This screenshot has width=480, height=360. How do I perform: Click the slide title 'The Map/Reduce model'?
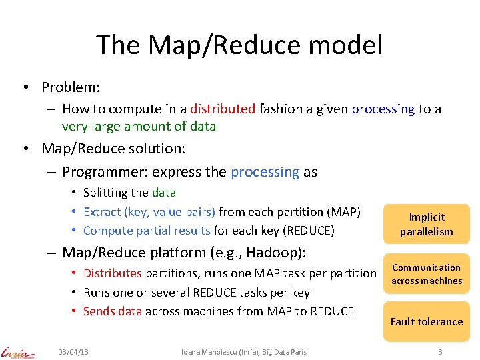pyautogui.click(x=239, y=45)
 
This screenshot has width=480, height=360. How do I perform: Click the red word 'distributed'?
pyautogui.click(x=223, y=109)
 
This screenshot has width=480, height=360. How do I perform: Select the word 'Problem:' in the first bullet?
pyautogui.click(x=70, y=87)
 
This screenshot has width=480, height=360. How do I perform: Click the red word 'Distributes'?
pyautogui.click(x=112, y=273)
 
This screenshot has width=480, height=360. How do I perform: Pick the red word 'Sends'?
pyautogui.click(x=98, y=311)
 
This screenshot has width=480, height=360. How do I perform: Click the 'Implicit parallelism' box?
pyautogui.click(x=426, y=225)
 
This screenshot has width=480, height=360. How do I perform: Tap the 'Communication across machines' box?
pyautogui.click(x=426, y=274)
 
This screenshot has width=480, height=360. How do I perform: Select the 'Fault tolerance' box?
pyautogui.click(x=426, y=321)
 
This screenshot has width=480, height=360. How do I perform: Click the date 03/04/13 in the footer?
pyautogui.click(x=73, y=352)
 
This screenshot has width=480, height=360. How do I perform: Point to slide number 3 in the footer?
pyautogui.click(x=440, y=352)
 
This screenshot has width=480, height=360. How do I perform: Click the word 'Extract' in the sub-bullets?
pyautogui.click(x=102, y=212)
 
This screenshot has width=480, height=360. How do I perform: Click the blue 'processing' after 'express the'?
pyautogui.click(x=265, y=172)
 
